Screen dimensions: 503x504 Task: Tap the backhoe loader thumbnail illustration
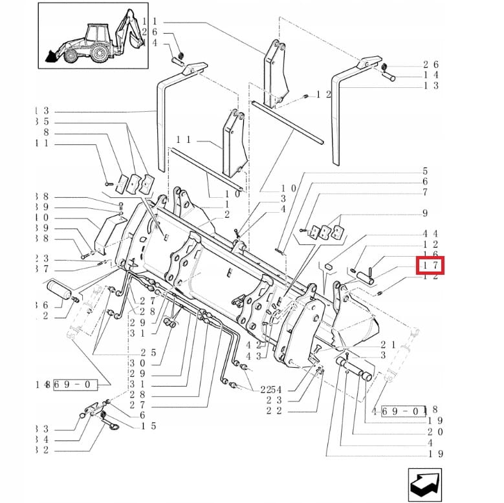tap(94, 38)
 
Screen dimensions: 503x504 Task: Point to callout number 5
tap(425, 171)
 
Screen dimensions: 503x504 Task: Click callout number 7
tap(425, 192)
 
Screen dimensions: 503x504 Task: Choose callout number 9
tap(425, 213)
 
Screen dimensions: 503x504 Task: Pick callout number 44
tap(430, 233)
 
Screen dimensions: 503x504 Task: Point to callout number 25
tap(149, 352)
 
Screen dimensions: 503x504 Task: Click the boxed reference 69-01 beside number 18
tap(405, 410)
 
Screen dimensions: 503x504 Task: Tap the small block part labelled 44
tap(328, 265)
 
